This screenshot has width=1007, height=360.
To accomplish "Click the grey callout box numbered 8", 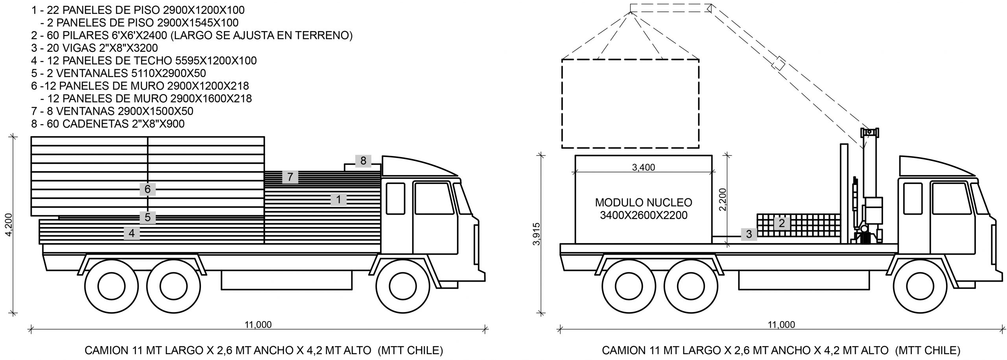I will [x=363, y=161].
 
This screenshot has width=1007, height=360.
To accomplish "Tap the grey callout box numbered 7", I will [x=290, y=177].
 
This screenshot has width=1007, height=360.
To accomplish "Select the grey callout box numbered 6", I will [x=148, y=189].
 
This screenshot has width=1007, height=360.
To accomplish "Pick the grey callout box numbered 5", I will [x=148, y=217].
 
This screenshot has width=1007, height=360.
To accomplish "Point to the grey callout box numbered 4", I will [x=131, y=233].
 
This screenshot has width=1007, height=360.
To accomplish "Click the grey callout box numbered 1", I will [x=338, y=200].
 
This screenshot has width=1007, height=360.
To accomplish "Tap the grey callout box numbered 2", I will [x=782, y=223].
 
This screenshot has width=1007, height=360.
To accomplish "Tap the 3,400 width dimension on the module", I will [x=644, y=168].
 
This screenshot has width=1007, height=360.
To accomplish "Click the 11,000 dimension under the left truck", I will [x=258, y=325].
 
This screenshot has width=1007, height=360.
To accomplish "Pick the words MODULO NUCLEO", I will [x=644, y=203].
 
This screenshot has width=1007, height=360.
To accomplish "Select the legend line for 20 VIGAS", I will [x=94, y=48].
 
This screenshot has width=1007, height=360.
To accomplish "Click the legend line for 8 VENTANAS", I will [x=112, y=111].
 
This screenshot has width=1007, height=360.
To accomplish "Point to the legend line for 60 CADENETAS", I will [x=108, y=124].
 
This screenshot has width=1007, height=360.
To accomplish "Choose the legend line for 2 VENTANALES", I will [x=118, y=73].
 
